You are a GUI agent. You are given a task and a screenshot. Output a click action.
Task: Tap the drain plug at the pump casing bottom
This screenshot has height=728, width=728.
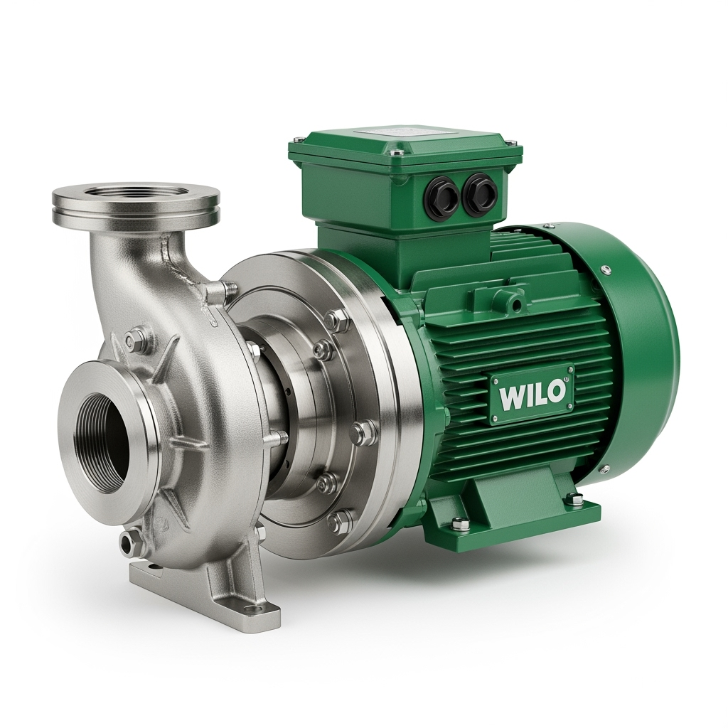coord(127,540)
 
